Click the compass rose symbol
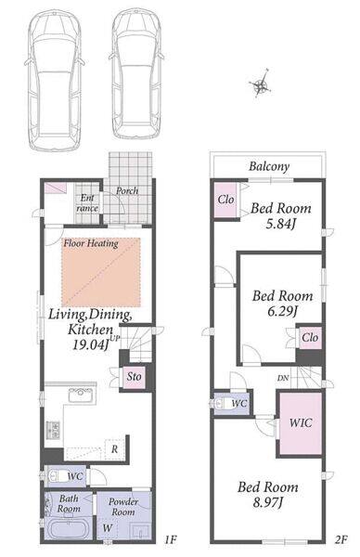261,84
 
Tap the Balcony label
269,166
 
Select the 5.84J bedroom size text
281,224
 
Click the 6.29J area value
282,312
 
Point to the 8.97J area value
267,502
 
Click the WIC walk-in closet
301,423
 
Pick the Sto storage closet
135,376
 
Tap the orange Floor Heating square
101,272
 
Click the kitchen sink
82,395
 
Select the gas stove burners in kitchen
54,430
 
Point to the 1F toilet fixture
57,476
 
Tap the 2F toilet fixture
223,404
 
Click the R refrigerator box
114,449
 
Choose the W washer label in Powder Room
108,528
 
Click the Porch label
127,190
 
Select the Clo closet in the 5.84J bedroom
225,200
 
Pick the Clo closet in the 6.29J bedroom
310,337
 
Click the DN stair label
283,378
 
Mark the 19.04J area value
90,344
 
